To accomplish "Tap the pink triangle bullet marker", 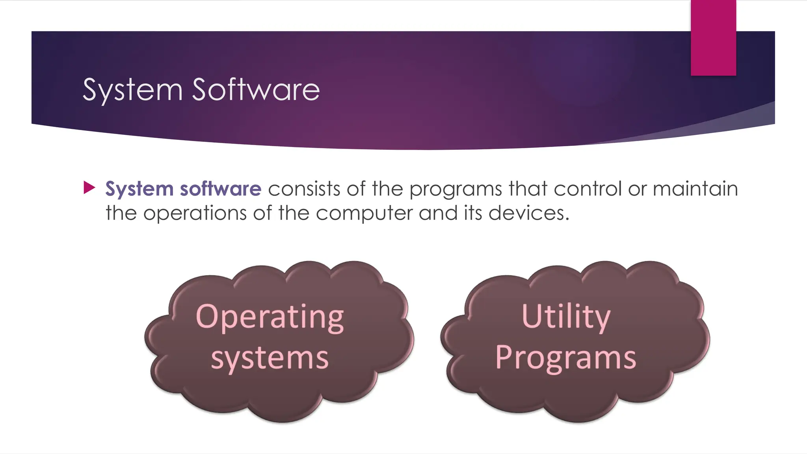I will coord(89,188).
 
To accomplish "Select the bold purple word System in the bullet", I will coord(139,189).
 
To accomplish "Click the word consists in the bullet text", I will coord(304,188).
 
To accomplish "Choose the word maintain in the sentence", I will coord(695,188).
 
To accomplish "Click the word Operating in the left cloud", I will coord(270,317).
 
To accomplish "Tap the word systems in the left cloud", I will coord(270,358).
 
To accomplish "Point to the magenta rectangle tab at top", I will coord(713,37).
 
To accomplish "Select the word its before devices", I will coord(473,213).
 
